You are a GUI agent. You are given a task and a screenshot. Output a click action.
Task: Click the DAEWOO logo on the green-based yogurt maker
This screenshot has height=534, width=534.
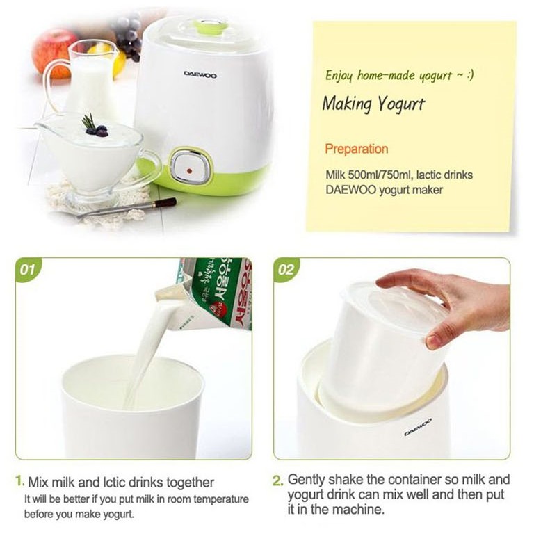(x=200, y=74)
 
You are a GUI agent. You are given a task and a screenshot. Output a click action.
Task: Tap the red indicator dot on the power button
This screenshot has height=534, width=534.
(x=190, y=170)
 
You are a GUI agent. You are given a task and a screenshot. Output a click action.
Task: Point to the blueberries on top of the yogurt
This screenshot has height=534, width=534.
(x=97, y=130)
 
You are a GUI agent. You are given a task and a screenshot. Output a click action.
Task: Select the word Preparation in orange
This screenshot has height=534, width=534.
(x=356, y=149)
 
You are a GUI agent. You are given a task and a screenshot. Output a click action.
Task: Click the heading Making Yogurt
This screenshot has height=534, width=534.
(x=373, y=104)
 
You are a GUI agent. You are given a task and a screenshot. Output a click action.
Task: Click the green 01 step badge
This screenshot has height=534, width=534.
(x=27, y=270)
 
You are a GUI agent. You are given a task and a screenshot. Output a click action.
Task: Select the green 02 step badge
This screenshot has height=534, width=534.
(x=286, y=270)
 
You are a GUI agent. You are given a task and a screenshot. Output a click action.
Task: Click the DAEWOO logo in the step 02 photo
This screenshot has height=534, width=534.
(x=418, y=427)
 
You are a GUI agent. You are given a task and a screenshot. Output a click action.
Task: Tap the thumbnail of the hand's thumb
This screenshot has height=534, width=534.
(x=434, y=339)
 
